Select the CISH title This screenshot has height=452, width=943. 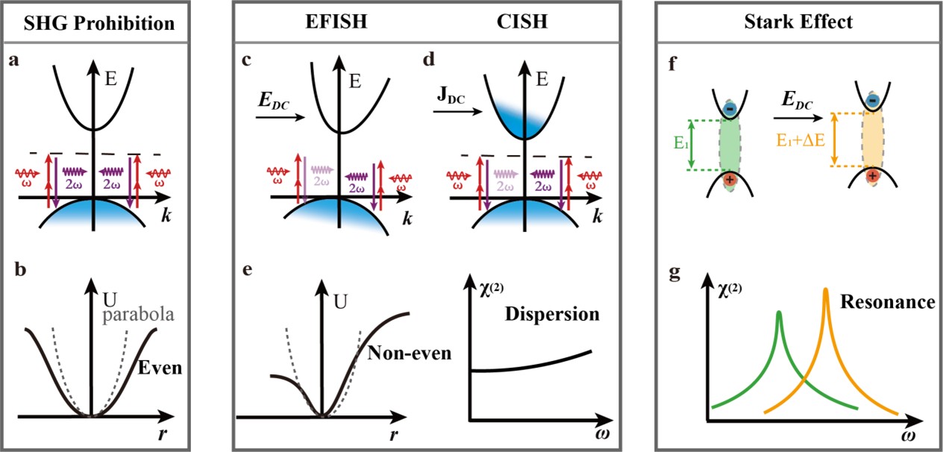click(521, 22)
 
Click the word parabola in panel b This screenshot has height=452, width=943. click(139, 314)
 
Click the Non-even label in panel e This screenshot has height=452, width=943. click(410, 352)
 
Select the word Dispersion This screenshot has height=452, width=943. click(553, 314)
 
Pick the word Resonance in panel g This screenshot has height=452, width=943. click(888, 302)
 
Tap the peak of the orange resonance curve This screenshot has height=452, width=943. click(826, 289)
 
